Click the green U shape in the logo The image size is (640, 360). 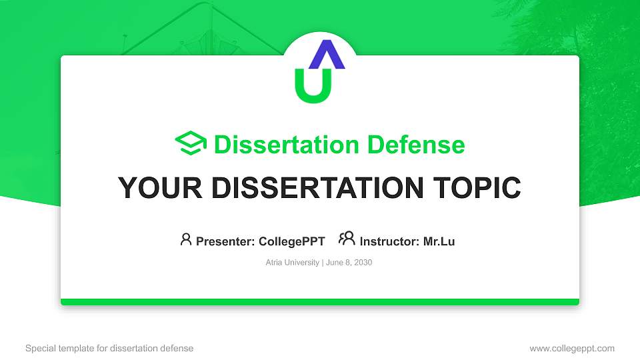[x=313, y=90]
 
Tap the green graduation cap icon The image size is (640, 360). [x=191, y=144]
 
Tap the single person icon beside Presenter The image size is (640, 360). [x=186, y=239]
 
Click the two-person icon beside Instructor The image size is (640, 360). [x=347, y=239]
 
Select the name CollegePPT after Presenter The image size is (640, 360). [x=291, y=241]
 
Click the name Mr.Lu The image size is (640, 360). [x=439, y=241]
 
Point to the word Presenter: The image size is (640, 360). [x=225, y=241]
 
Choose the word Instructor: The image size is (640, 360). [x=390, y=241]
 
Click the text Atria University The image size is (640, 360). [x=292, y=263]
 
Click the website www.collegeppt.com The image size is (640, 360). [x=571, y=348]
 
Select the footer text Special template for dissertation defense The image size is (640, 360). [x=109, y=348]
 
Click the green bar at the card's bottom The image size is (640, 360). [x=320, y=302]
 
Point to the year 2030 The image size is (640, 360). [x=363, y=263]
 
